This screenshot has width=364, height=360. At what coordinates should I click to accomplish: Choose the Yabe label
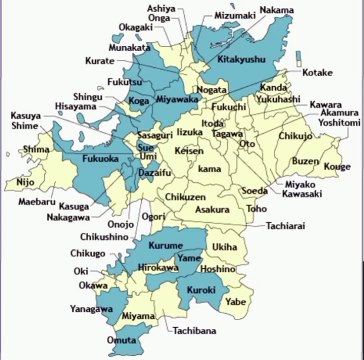click(x=235, y=299)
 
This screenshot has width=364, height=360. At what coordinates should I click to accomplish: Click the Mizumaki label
click(x=235, y=16)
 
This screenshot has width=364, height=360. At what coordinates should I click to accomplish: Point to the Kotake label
click(x=316, y=73)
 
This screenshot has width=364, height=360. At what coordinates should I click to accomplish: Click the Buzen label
click(x=304, y=161)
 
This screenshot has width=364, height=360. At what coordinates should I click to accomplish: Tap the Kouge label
click(x=337, y=167)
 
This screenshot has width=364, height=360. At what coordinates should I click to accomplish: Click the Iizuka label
click(x=190, y=132)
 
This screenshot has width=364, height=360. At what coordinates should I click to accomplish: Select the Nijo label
click(x=25, y=183)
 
